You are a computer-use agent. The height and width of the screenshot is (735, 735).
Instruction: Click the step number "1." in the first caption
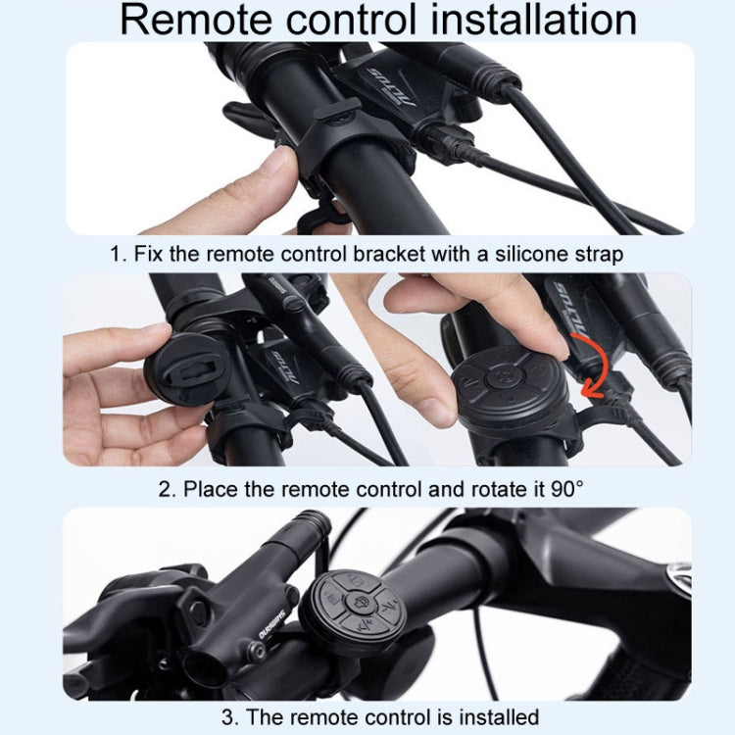tap(120, 255)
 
